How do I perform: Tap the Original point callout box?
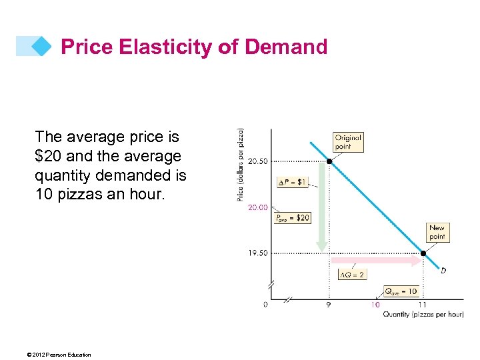coord(348,142)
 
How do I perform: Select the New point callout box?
coord(437,232)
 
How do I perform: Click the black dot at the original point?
coord(329,161)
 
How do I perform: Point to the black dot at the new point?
coord(423,253)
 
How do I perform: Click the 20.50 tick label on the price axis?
coord(258,161)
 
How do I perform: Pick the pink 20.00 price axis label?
coord(258,207)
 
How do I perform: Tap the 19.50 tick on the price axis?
coord(258,253)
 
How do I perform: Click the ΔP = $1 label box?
coord(293,182)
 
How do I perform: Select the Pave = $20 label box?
coord(292,218)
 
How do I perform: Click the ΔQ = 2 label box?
coord(352,275)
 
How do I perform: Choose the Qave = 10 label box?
coord(401,291)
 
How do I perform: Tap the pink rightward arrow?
coord(377,261)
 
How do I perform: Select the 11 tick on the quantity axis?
coord(423,305)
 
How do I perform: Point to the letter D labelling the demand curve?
coord(443,271)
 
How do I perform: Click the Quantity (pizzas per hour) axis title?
coord(422,314)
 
